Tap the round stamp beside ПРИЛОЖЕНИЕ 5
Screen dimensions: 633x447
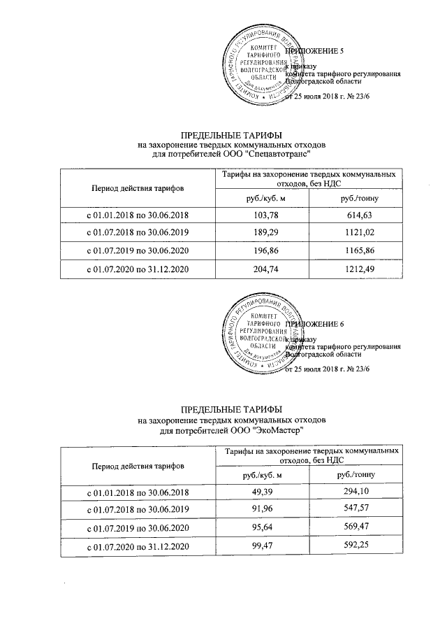(x=256, y=68)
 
